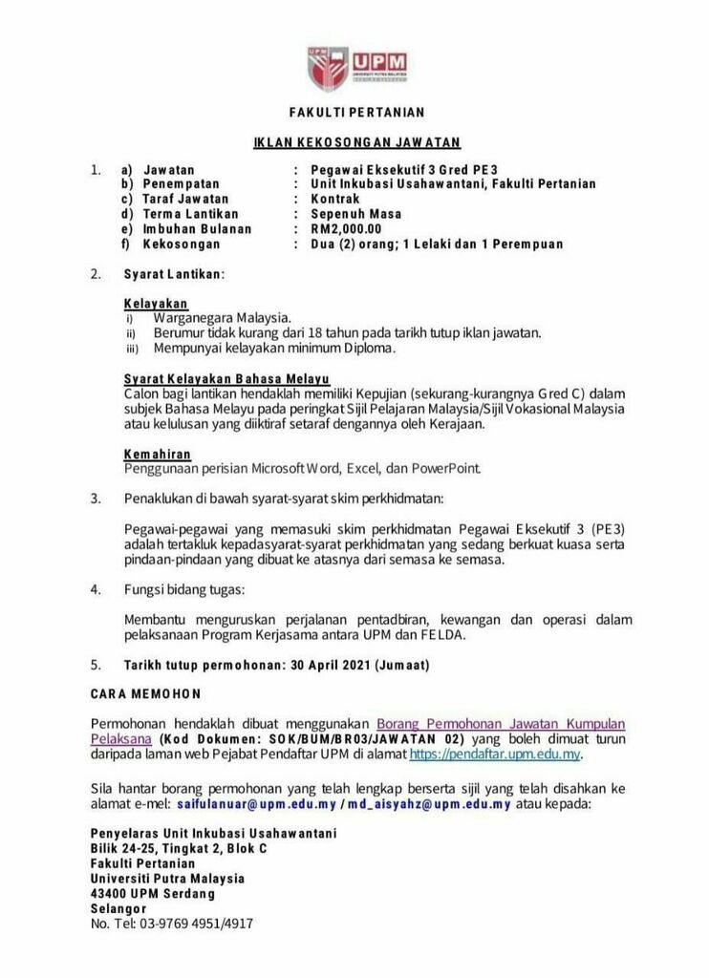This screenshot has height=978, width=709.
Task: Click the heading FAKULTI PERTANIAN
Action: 354,113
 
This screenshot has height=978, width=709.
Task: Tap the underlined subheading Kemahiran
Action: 158,454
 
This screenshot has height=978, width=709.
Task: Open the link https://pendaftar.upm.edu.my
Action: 494,754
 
